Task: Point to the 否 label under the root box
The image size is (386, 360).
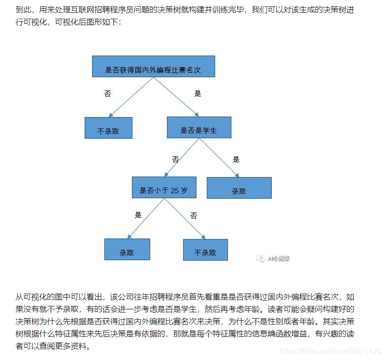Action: (107, 93)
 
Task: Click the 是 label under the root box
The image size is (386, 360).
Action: (198, 93)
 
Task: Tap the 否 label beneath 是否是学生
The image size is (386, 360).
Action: (175, 159)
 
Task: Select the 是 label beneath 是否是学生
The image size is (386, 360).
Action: (236, 159)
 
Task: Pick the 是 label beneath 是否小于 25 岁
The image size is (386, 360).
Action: (138, 215)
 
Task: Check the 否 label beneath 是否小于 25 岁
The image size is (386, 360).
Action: (193, 215)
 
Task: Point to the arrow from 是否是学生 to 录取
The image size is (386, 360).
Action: (219, 157)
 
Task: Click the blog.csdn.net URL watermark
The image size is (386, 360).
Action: (330, 351)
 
